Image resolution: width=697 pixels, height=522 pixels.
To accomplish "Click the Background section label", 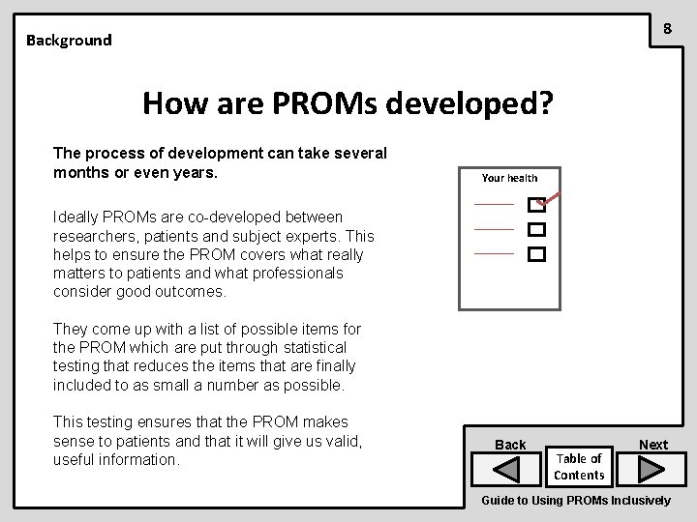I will click(x=69, y=41).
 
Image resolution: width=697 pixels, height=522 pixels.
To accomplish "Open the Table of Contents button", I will click(x=580, y=467).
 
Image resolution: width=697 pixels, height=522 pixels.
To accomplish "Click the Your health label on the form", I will click(x=509, y=178).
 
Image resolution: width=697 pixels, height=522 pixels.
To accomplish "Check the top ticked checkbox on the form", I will click(x=535, y=205).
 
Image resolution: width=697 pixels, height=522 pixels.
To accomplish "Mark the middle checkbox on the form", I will click(x=535, y=230).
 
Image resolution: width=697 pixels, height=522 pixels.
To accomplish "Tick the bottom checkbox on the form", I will click(x=535, y=255).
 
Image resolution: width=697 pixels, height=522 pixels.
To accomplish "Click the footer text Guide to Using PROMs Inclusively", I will click(x=575, y=501).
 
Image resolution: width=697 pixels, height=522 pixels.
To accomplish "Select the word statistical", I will click(x=311, y=347).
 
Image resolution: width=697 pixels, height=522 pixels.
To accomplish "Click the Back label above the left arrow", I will click(x=510, y=445).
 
